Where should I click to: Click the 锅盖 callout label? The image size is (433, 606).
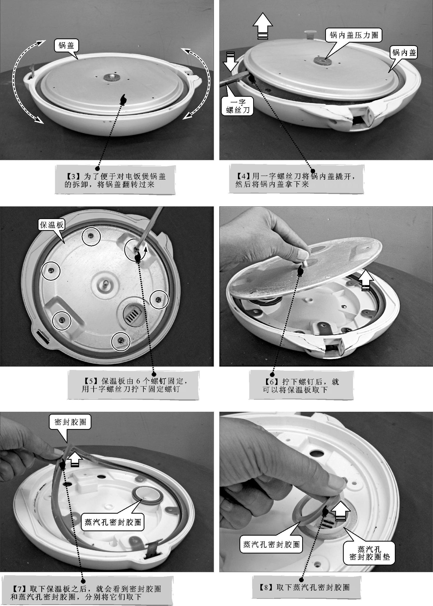(x=66, y=46)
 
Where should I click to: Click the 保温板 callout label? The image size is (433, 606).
(x=51, y=225)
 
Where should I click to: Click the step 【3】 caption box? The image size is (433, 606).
(x=115, y=180)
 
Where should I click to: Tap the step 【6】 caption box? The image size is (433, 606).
(x=301, y=385)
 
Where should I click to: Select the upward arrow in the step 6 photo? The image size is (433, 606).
(x=366, y=280)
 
